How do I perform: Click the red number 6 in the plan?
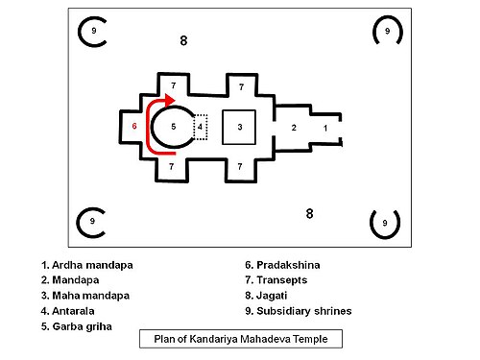(x=135, y=126)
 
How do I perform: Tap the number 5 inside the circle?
(x=174, y=126)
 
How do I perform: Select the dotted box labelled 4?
(x=200, y=126)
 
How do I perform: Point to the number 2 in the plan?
(x=294, y=127)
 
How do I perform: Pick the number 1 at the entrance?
(x=324, y=127)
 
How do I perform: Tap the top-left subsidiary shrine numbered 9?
(x=92, y=32)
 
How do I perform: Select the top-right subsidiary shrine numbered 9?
(x=387, y=32)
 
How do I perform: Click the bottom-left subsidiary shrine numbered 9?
(x=92, y=222)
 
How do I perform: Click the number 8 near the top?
(x=184, y=40)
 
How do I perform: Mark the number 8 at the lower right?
(x=309, y=212)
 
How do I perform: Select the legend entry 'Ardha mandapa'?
(x=86, y=263)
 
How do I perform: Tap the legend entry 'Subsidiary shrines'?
(x=299, y=310)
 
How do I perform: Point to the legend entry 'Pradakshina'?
(x=284, y=263)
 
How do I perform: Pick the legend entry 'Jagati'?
(x=272, y=295)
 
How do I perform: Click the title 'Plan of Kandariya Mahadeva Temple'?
(x=239, y=339)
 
